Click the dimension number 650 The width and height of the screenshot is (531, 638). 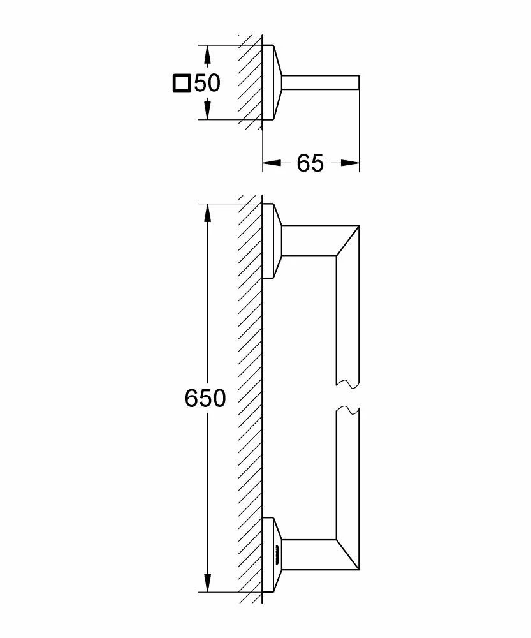[x=205, y=399]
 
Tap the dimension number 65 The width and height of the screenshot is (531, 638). [x=310, y=163]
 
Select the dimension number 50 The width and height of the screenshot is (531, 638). [x=207, y=83]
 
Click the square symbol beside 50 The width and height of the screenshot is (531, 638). [x=182, y=83]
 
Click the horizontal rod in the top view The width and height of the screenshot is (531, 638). [x=322, y=83]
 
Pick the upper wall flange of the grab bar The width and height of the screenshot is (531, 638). [x=272, y=241]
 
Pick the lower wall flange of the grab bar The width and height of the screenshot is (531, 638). [x=272, y=554]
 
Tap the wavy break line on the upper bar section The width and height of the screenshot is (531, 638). [x=347, y=383]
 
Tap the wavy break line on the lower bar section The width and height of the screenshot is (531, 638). [x=347, y=410]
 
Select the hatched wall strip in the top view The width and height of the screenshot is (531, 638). [x=250, y=83]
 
